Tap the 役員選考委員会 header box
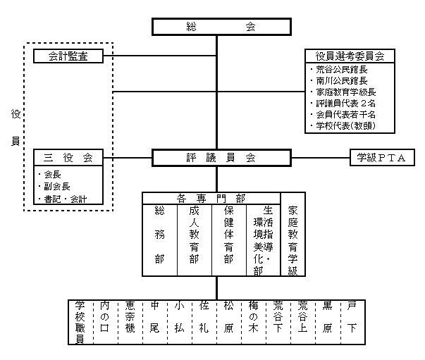[349, 56]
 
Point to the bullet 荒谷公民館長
[342, 70]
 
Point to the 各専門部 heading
[211, 197]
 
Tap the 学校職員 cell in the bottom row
[80, 321]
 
